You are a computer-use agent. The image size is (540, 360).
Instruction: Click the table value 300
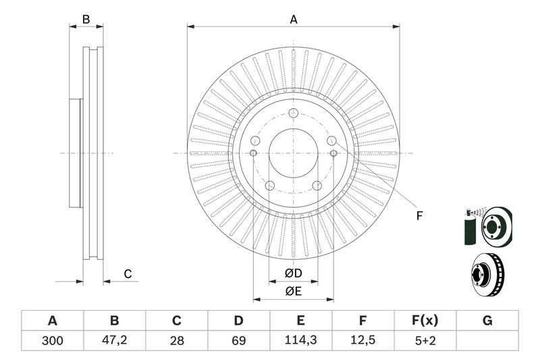(52, 341)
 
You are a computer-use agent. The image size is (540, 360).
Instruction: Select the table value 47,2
(114, 341)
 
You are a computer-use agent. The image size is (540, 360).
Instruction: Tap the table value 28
(177, 341)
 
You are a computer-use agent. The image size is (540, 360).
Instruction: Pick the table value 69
(239, 341)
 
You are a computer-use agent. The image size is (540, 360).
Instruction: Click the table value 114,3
(301, 341)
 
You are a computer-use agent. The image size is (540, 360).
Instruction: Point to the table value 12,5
(363, 341)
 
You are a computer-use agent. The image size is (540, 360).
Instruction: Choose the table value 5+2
(425, 341)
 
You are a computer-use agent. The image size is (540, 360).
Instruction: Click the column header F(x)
(425, 320)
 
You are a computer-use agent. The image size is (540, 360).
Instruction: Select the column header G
(487, 320)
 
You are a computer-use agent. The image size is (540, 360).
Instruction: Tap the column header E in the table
(301, 320)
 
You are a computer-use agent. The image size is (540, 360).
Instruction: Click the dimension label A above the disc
(294, 20)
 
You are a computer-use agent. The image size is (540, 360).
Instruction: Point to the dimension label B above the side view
(86, 20)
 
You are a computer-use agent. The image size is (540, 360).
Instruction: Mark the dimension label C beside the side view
(127, 274)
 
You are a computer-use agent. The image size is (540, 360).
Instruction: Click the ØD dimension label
(292, 274)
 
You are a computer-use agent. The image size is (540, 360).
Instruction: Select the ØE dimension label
(292, 292)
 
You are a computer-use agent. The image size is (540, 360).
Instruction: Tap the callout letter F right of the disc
(418, 216)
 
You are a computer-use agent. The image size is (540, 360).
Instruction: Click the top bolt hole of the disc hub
(293, 113)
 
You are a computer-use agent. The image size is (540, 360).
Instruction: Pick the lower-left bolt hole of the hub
(269, 186)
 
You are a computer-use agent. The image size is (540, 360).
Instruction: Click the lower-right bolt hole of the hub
(317, 186)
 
